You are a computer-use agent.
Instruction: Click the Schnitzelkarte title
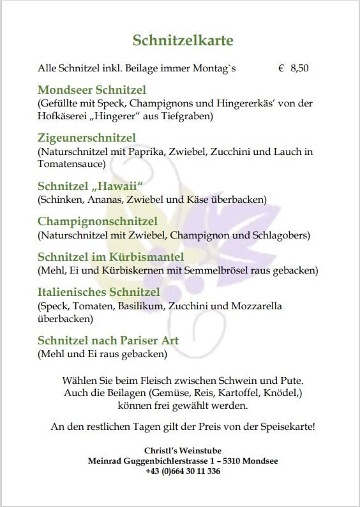183,41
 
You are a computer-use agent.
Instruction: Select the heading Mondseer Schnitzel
92,89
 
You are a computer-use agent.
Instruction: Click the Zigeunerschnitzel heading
86,138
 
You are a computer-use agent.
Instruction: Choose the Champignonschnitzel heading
97,221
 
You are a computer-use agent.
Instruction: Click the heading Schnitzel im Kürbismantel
110,257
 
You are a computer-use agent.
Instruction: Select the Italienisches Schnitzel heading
98,292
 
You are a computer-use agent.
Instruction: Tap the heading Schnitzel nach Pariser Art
108,341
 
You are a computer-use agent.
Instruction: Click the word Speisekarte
283,426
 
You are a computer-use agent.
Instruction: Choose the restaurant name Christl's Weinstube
183,451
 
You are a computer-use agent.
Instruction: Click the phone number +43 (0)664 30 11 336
183,471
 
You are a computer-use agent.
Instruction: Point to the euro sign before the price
281,68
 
